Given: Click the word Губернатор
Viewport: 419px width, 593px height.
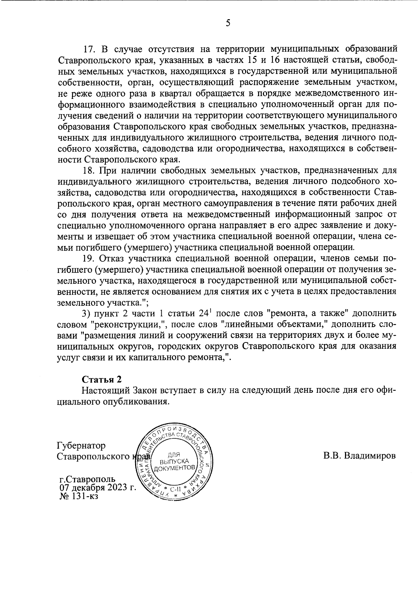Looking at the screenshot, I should click(x=81, y=446).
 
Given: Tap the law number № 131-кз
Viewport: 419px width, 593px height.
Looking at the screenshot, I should click(x=79, y=495).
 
